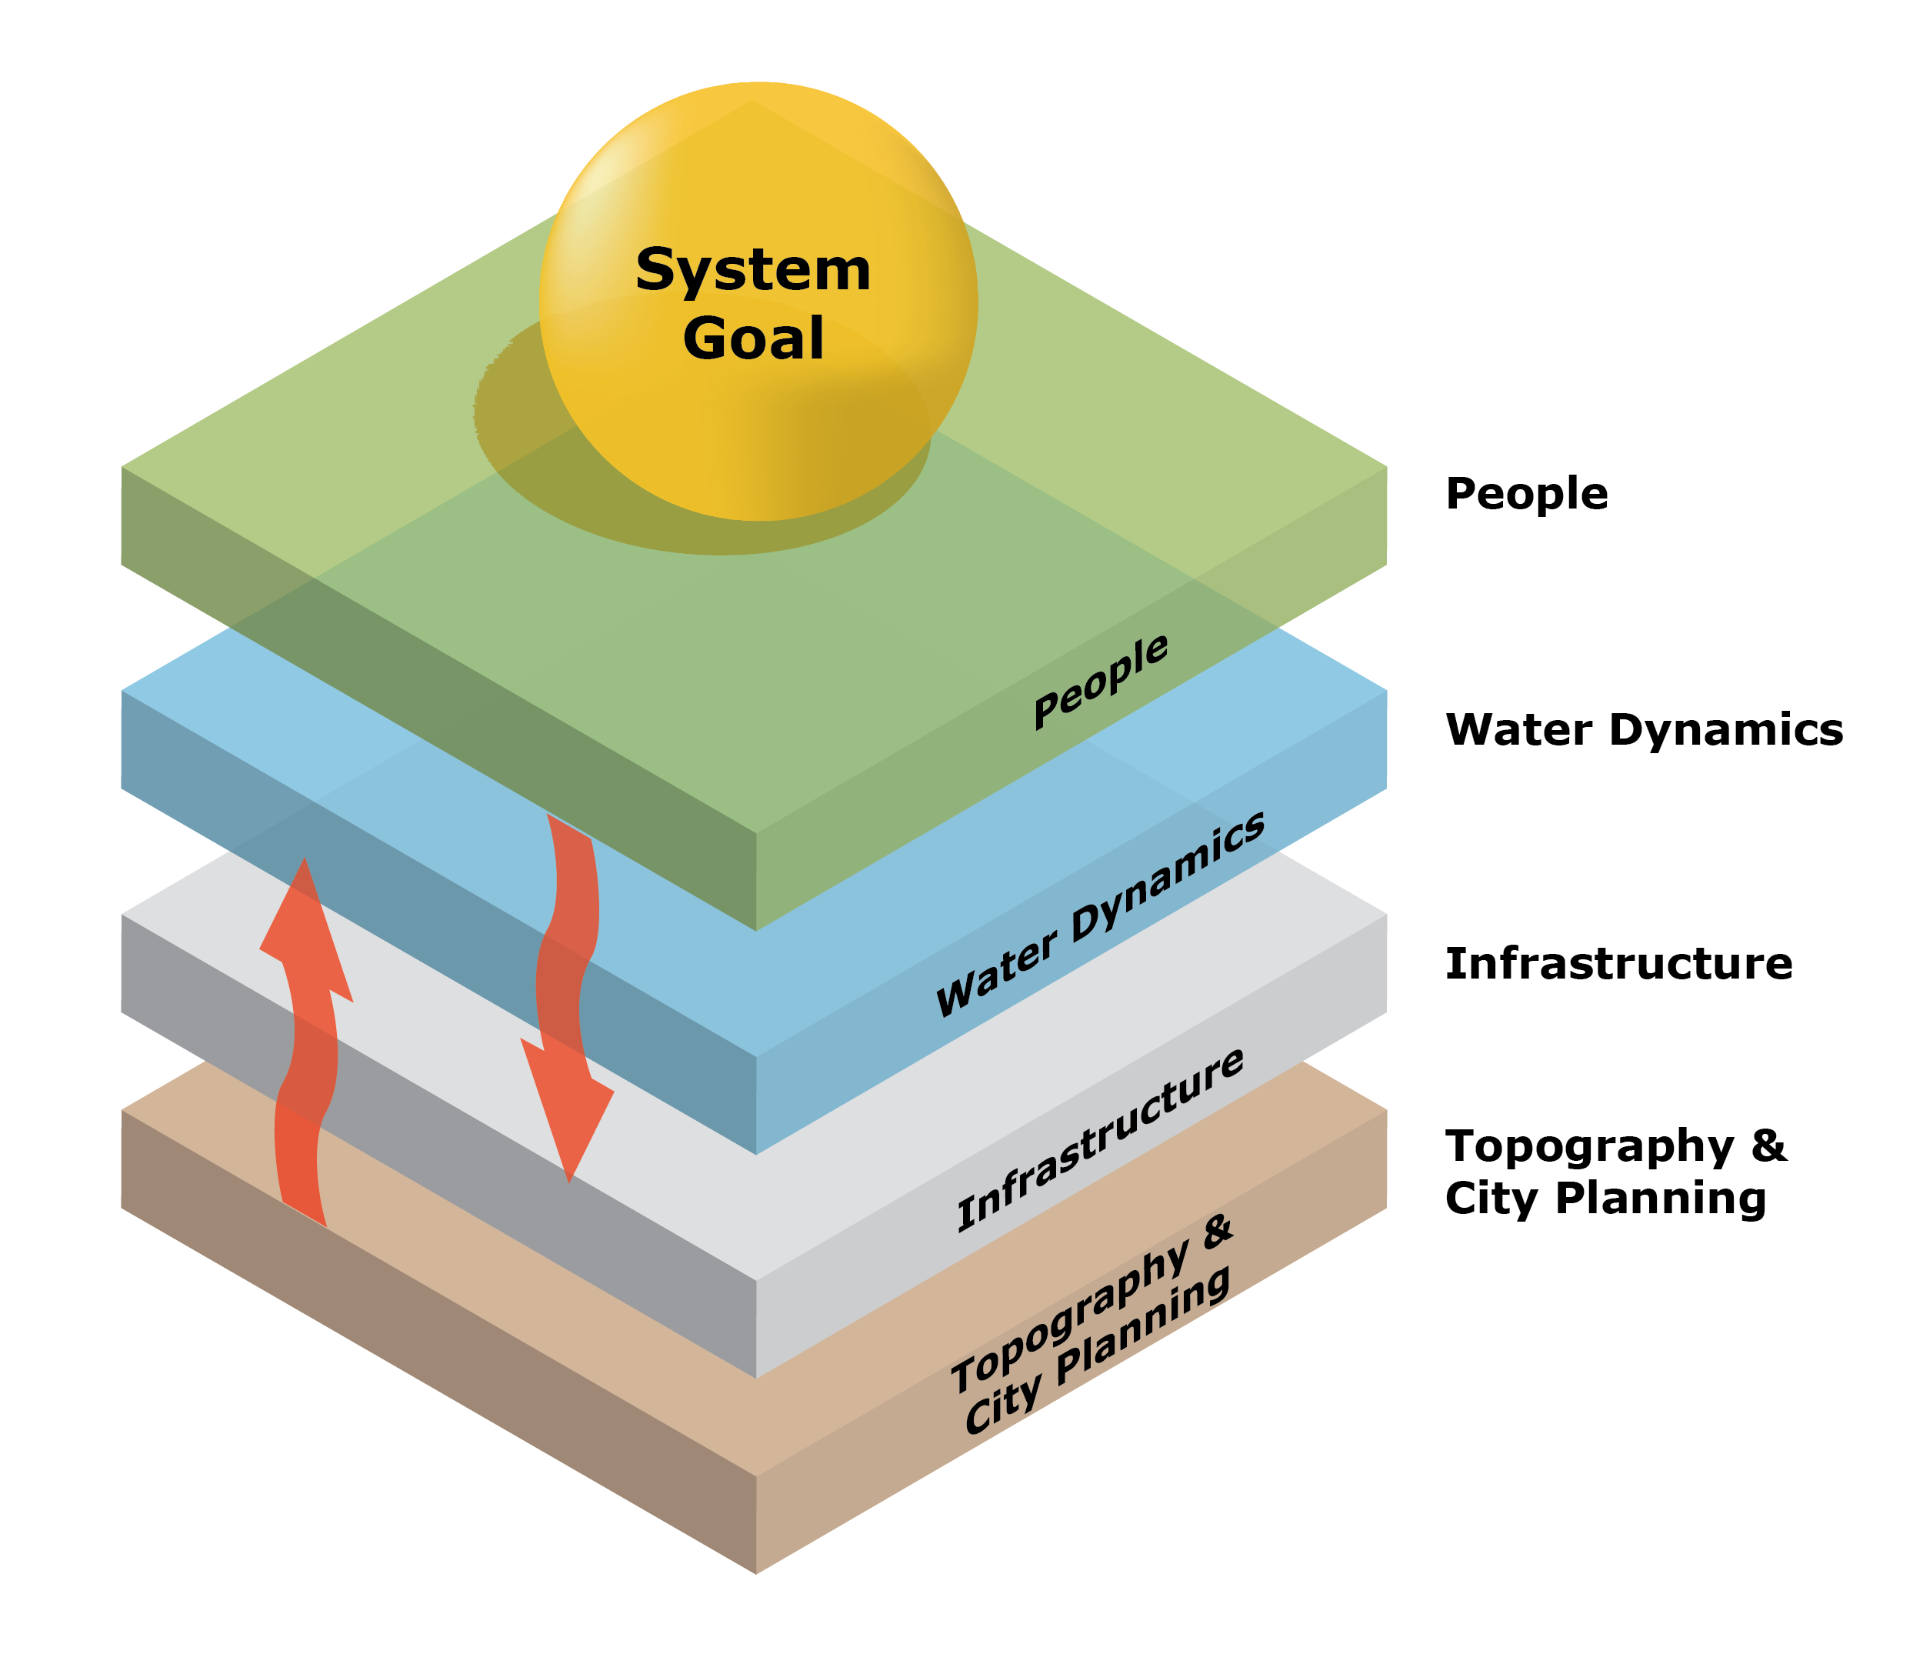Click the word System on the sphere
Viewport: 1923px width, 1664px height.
click(x=752, y=270)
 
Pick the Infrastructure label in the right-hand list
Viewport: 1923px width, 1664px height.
click(x=1618, y=963)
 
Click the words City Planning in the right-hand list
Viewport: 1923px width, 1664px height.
click(x=1605, y=1198)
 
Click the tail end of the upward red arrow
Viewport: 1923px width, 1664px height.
click(x=304, y=1212)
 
